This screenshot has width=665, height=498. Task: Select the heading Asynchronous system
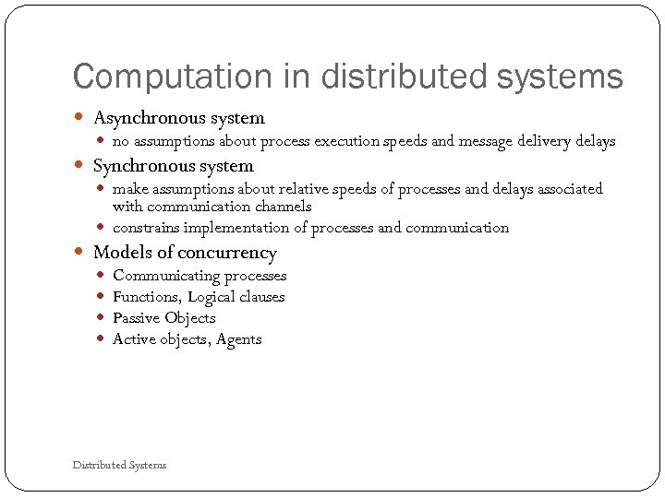point(179,118)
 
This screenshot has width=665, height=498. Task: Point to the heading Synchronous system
point(173,167)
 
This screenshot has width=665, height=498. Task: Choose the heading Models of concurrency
point(185,253)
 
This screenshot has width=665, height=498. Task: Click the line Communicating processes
point(199,276)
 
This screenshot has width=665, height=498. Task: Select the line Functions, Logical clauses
point(199,297)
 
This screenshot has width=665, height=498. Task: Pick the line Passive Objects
point(163,318)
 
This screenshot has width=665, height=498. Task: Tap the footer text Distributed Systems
point(120,465)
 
